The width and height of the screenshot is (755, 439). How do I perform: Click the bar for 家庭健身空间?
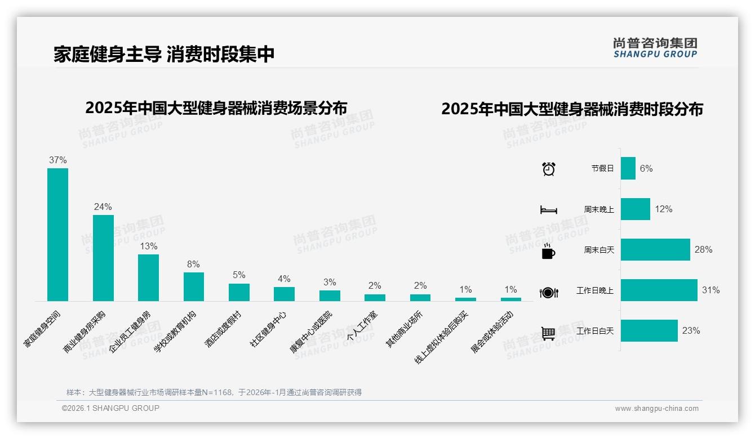tap(57, 235)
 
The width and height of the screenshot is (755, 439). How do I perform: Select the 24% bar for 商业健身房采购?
tap(103, 258)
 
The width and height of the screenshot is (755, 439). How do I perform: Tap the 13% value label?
tap(149, 247)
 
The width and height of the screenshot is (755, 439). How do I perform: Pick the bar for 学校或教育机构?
tap(194, 286)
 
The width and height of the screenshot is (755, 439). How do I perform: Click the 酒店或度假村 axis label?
tap(223, 329)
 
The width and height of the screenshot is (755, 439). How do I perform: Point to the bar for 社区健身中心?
tap(284, 294)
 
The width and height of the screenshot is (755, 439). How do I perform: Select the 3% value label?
tap(330, 282)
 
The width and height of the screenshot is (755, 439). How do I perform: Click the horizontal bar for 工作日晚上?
tap(659, 290)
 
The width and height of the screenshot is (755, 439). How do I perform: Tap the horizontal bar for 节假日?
tap(628, 168)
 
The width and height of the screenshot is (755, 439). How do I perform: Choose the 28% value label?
tap(703, 249)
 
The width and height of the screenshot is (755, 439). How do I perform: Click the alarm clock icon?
tap(548, 169)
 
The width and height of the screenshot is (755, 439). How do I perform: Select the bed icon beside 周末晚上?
tap(548, 210)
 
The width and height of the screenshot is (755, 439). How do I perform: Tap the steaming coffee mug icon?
tap(548, 251)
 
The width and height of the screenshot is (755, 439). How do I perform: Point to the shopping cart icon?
tap(548, 333)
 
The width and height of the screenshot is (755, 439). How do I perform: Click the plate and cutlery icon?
tap(548, 292)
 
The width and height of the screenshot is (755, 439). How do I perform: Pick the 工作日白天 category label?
tap(595, 331)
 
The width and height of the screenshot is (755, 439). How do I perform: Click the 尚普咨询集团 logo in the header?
tap(655, 47)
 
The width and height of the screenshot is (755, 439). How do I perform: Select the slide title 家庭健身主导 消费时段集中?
tap(164, 54)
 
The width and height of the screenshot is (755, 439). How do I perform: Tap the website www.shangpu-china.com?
tap(656, 409)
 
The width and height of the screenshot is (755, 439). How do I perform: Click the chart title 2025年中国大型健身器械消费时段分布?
tap(572, 109)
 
